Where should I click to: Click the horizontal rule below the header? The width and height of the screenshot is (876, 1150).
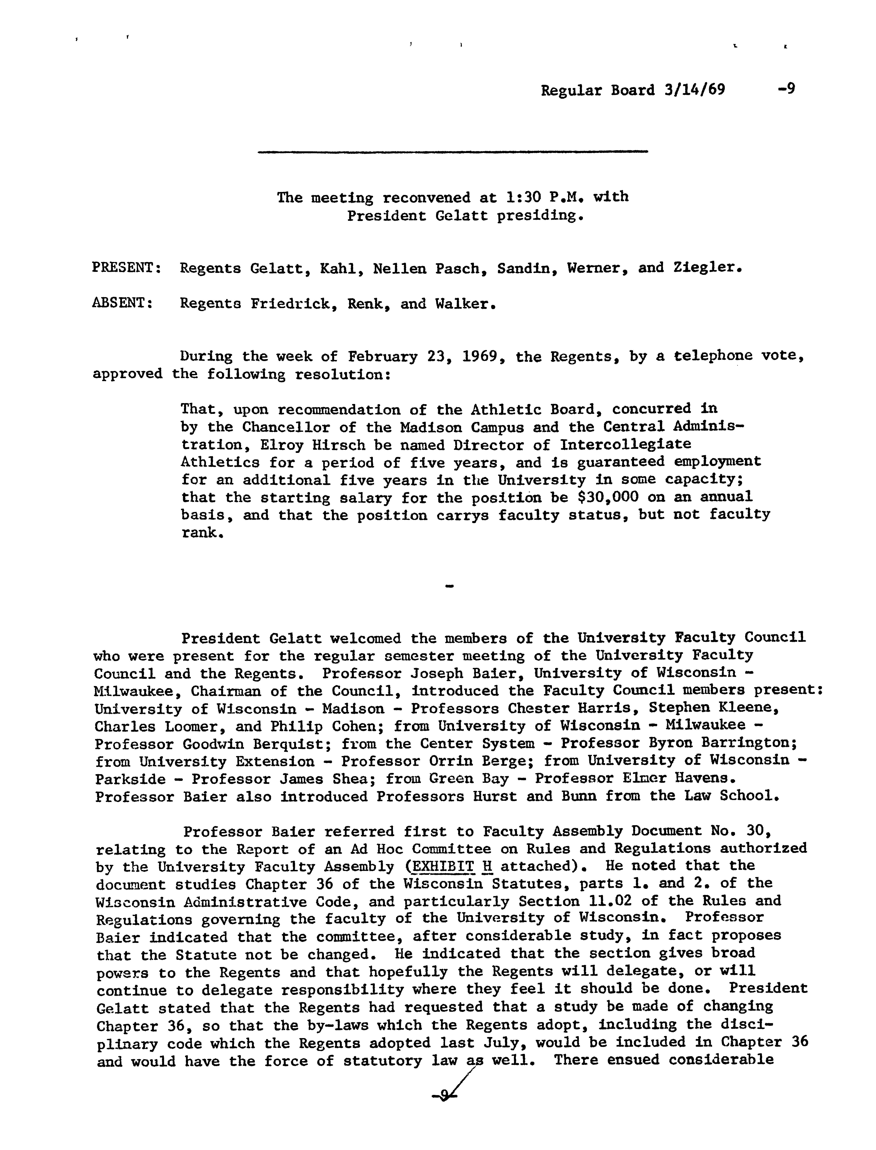pos(453,152)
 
